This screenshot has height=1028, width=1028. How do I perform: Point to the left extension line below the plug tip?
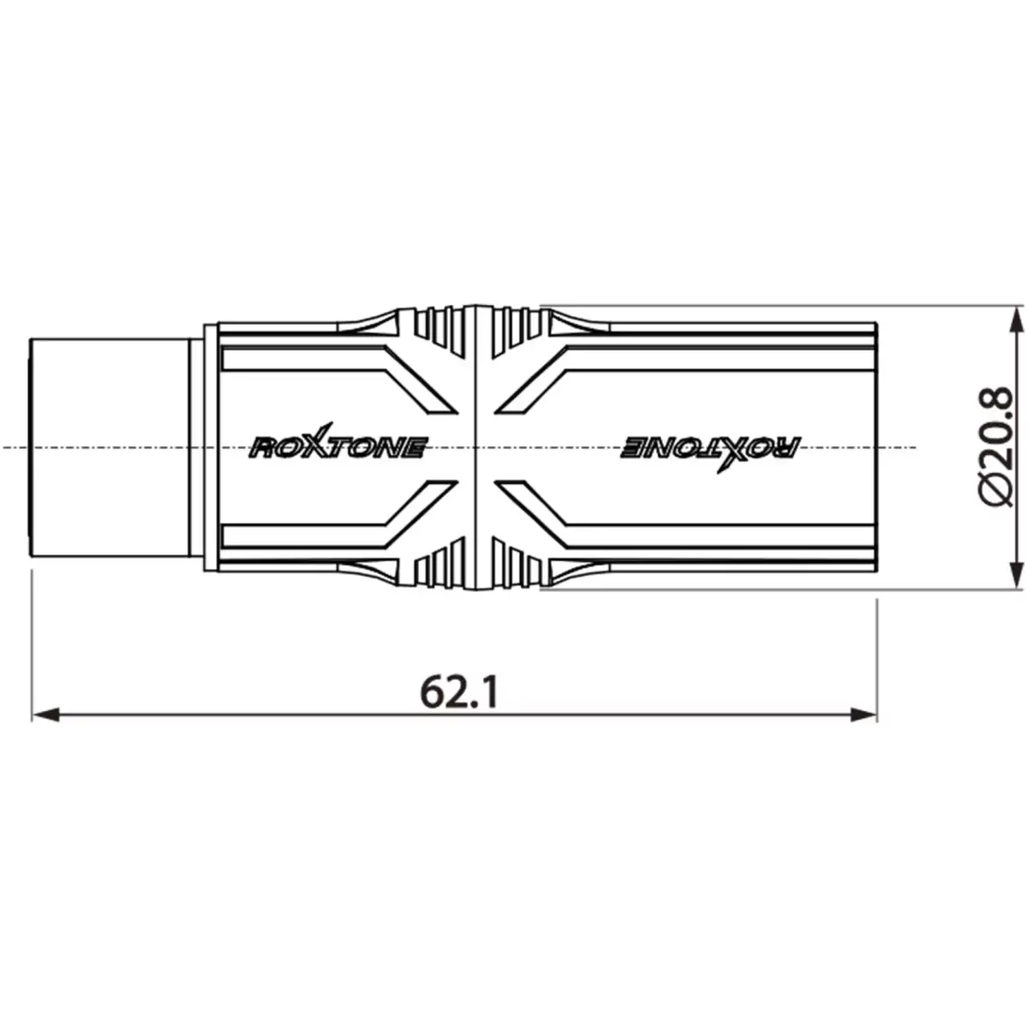tap(32, 642)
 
